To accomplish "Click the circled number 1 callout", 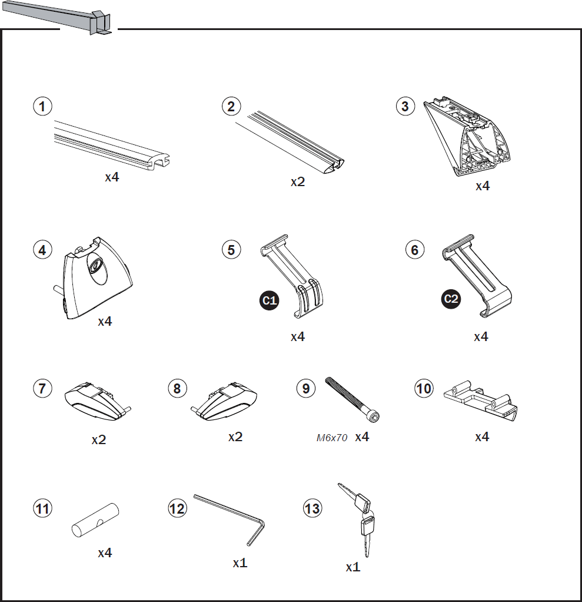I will coord(42,107).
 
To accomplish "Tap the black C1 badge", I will coord(269,300).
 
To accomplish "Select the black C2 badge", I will coord(451,299).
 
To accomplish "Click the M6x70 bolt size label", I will coord(332,438).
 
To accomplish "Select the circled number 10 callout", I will coord(424,389).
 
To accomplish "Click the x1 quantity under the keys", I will coord(352,567).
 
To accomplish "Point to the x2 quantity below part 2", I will coord(298,182).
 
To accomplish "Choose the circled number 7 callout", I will coord(42,389).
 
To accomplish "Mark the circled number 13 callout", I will coord(312,508).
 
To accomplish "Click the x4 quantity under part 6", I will coord(481,337).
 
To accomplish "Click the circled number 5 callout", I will coord(231,249).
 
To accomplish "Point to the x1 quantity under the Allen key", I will coord(240,563).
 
